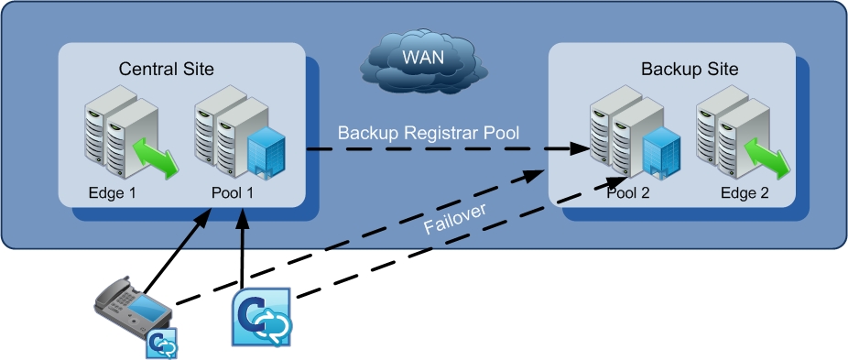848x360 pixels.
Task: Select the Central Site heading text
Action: (166, 69)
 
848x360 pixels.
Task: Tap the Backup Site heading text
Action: (690, 69)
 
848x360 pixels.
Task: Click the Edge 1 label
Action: (112, 193)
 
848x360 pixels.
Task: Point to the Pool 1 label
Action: (232, 193)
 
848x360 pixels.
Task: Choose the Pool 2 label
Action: (628, 193)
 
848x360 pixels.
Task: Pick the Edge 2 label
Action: (745, 193)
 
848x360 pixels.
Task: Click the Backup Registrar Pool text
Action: (429, 133)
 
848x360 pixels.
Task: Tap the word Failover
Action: (455, 218)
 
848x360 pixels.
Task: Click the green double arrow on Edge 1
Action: (155, 158)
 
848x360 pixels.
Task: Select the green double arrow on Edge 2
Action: (766, 158)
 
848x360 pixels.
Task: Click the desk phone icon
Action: (133, 306)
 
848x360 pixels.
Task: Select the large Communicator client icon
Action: (262, 317)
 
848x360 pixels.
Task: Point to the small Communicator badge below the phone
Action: (162, 344)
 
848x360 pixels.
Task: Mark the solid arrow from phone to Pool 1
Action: (177, 250)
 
